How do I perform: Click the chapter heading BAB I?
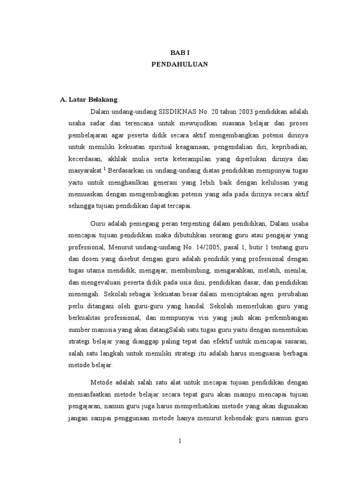(x=180, y=54)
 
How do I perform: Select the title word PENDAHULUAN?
(x=180, y=66)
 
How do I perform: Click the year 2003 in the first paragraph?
(x=242, y=112)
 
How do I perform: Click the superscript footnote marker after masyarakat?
(x=105, y=168)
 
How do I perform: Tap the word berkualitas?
(x=86, y=317)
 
